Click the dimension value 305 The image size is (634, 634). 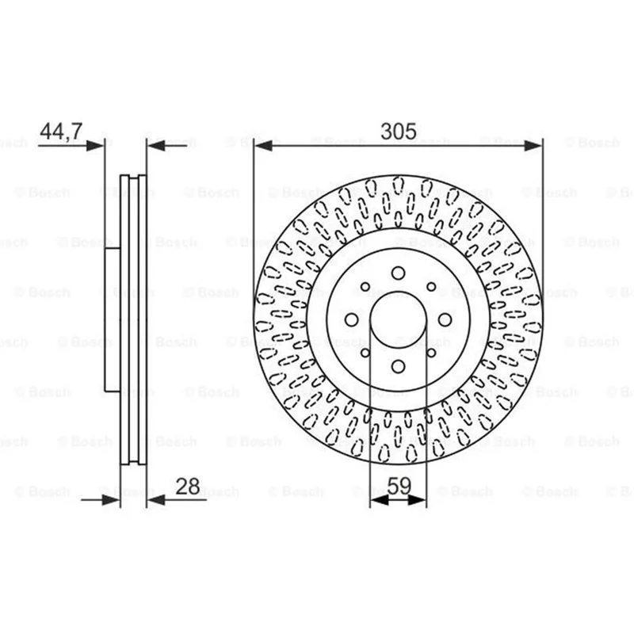(399, 132)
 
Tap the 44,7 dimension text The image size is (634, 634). (62, 131)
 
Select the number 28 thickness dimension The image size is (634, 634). (188, 487)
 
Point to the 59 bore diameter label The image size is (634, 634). (399, 486)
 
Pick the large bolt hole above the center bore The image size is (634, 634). (399, 273)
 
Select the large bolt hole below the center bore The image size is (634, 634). (399, 367)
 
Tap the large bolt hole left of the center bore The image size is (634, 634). (351, 320)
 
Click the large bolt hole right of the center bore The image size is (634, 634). (445, 320)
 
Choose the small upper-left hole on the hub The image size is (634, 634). (365, 287)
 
